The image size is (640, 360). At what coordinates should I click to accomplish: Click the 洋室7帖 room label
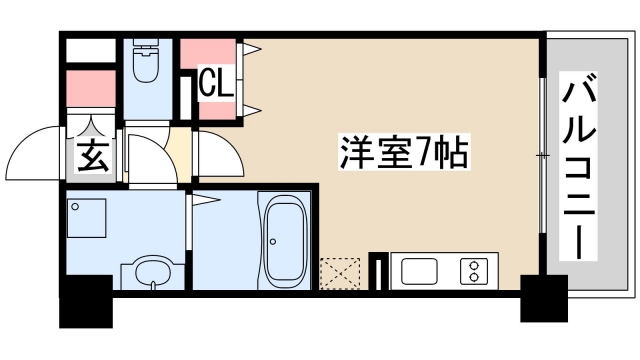click(399, 153)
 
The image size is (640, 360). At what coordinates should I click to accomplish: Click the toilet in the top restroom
click(146, 62)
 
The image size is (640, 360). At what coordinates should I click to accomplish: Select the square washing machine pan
click(87, 217)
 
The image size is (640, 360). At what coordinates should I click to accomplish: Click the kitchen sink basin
click(417, 271)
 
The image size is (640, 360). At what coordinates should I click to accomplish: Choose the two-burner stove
click(471, 271)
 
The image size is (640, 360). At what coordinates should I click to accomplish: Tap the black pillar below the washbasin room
click(87, 304)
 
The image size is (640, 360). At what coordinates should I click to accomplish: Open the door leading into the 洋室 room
click(215, 156)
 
